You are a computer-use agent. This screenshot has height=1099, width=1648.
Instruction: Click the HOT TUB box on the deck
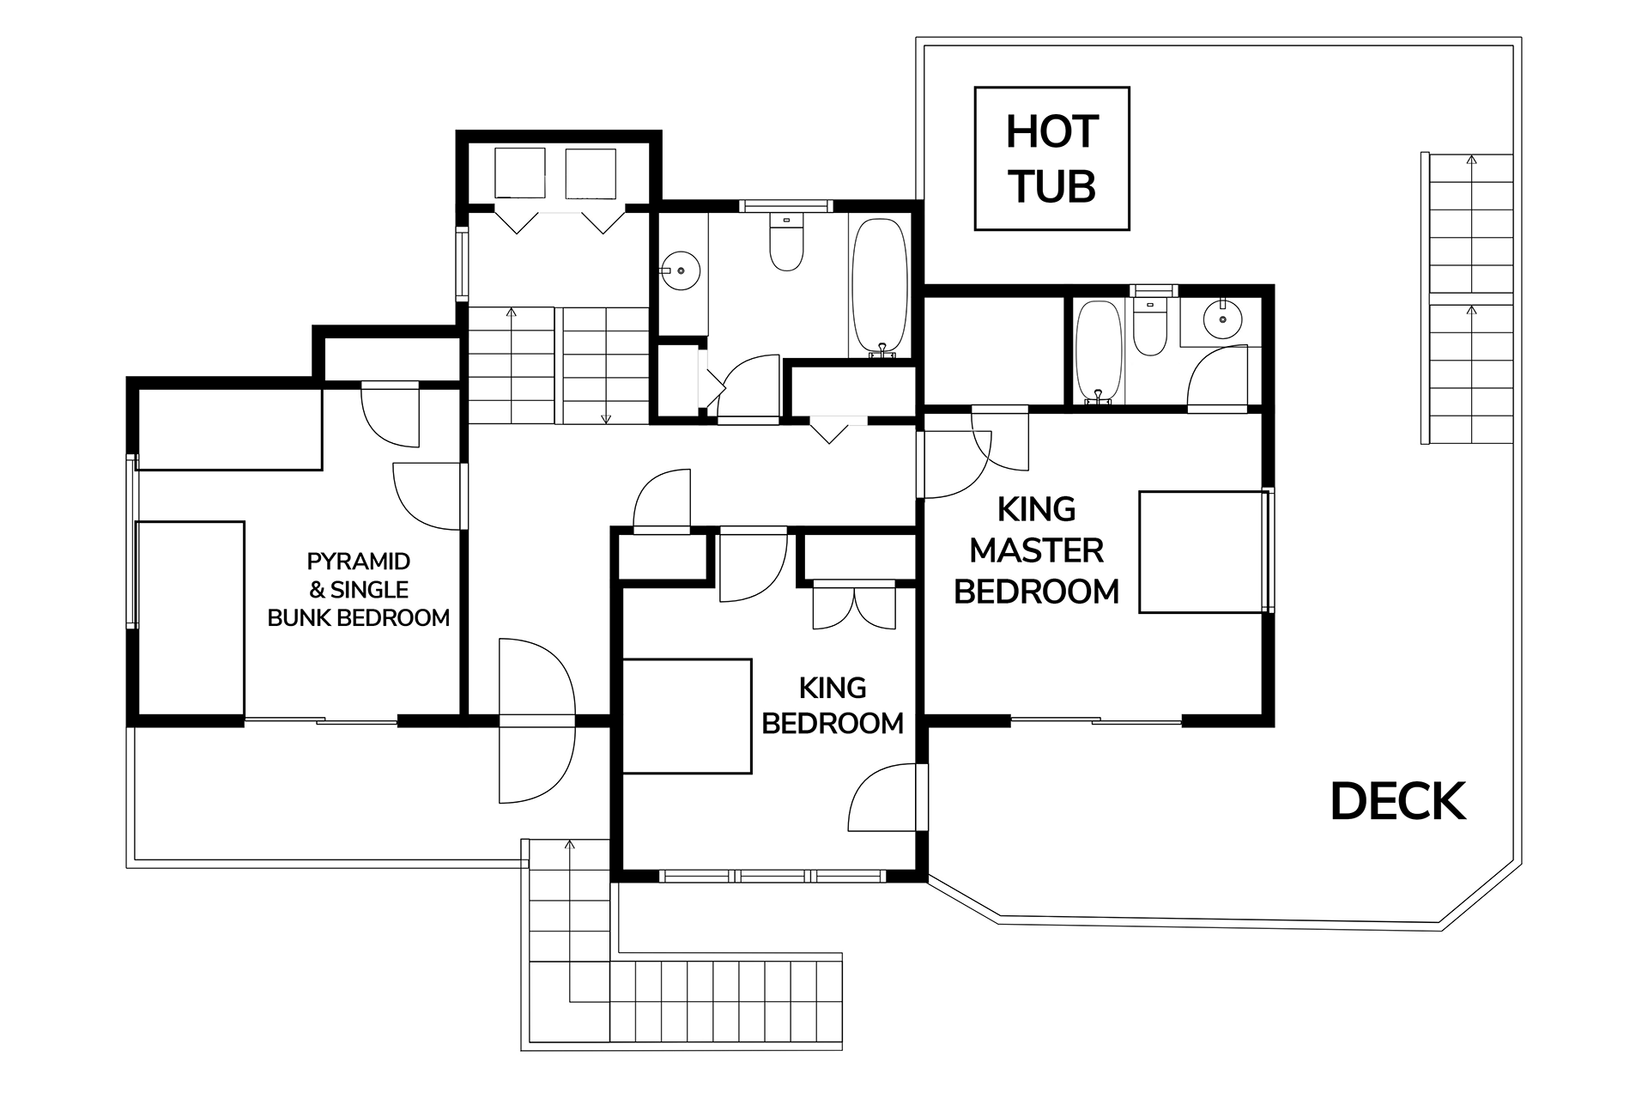[x=1051, y=159]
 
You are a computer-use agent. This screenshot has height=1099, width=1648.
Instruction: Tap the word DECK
[x=1398, y=801]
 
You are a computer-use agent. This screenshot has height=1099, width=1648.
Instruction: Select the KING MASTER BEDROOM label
[x=1037, y=550]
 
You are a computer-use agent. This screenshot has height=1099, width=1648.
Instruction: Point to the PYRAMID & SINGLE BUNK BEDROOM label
[x=359, y=590]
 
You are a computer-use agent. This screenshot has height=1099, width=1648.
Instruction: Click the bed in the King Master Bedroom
[x=1203, y=552]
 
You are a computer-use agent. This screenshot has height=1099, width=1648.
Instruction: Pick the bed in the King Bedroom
[x=687, y=716]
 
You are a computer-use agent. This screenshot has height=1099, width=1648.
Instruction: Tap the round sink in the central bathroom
[x=682, y=270]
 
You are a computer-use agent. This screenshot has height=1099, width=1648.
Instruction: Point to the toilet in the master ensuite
[x=1149, y=326]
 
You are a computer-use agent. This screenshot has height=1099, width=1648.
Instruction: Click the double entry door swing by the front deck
[x=536, y=721]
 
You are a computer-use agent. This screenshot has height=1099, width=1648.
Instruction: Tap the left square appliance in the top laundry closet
[x=520, y=173]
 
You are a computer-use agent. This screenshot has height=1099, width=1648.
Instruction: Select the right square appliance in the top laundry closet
[x=590, y=173]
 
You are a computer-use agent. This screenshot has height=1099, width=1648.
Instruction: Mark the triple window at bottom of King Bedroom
[x=772, y=876]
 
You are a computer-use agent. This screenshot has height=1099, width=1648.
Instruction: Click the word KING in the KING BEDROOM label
[x=833, y=688]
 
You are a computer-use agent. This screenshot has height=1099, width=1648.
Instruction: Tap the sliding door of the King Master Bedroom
[x=1096, y=720]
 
